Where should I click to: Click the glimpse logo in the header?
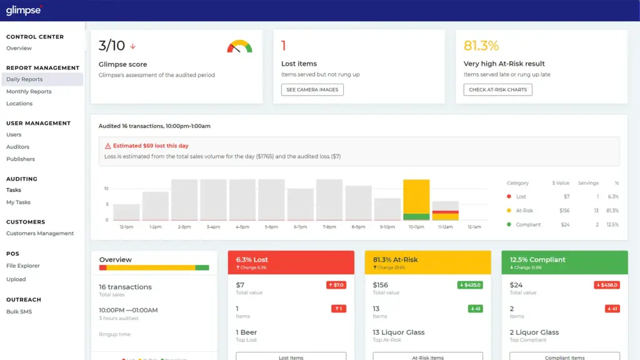click(x=24, y=10)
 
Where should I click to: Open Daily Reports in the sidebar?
click(x=24, y=79)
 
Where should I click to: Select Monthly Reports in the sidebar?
click(x=29, y=92)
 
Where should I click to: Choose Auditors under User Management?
click(x=17, y=147)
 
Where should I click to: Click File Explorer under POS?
click(x=23, y=266)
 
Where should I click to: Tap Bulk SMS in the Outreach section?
click(x=19, y=312)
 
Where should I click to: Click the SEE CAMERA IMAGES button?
click(x=312, y=90)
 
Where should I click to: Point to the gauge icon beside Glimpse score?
click(x=239, y=47)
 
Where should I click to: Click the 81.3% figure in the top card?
click(x=481, y=46)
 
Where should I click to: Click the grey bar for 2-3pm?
click(x=184, y=199)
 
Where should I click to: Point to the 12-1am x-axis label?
click(x=474, y=227)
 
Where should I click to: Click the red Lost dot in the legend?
click(x=509, y=197)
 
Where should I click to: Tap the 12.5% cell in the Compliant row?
click(x=612, y=224)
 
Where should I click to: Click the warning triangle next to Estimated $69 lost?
click(x=107, y=146)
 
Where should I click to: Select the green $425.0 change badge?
click(x=469, y=285)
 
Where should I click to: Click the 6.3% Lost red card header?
click(x=291, y=262)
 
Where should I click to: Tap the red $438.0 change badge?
click(x=606, y=285)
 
